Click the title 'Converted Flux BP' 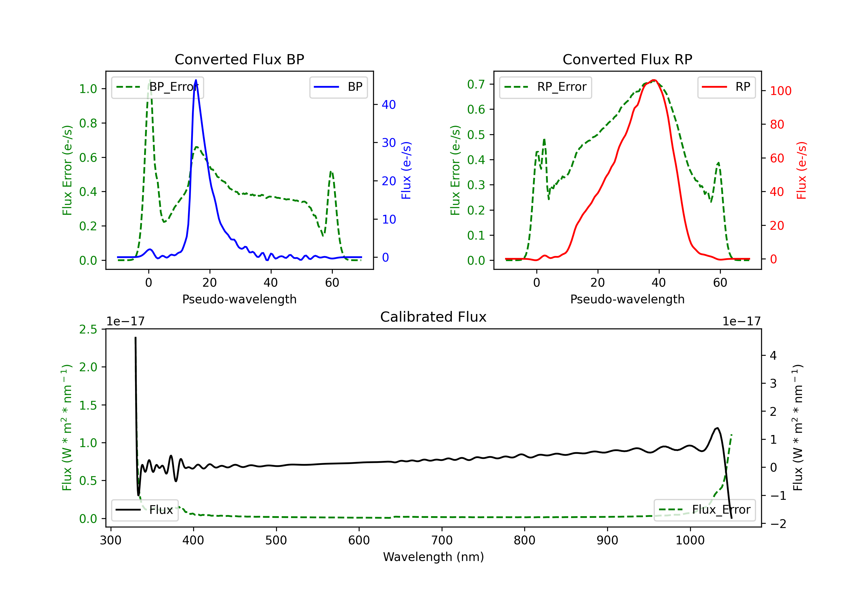click(x=239, y=59)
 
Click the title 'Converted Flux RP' click(x=627, y=59)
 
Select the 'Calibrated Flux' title click(x=433, y=317)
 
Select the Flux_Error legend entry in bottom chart click(x=704, y=510)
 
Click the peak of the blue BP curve click(x=196, y=80)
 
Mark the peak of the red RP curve click(x=654, y=80)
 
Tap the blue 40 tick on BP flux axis click(x=389, y=105)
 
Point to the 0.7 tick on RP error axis click(x=476, y=84)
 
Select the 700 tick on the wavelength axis click(x=442, y=540)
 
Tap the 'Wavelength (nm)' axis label click(x=433, y=557)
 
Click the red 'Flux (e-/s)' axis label click(x=801, y=170)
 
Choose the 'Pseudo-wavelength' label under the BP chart click(x=239, y=299)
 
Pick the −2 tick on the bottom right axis click(x=778, y=524)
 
